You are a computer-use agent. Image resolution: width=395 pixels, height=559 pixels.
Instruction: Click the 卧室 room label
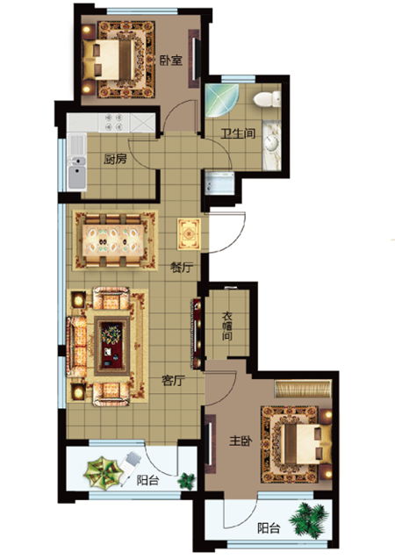(171, 61)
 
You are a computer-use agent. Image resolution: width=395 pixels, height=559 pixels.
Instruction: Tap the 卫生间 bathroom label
(238, 133)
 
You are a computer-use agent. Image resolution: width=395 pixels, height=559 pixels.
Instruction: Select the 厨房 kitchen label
(115, 159)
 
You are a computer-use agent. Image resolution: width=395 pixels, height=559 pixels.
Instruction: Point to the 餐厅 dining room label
(182, 268)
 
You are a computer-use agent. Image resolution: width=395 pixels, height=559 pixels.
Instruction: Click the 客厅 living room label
(173, 381)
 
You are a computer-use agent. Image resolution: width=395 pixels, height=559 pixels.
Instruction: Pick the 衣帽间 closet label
(227, 326)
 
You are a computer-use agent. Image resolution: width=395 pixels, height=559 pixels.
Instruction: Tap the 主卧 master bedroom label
(241, 441)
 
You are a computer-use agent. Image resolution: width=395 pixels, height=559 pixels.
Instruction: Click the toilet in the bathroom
(267, 99)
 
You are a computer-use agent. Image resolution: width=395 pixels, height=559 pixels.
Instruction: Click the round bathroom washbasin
(271, 144)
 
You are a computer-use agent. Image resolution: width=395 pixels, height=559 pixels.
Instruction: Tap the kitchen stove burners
(114, 122)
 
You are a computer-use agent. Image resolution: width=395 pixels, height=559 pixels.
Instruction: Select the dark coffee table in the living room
(112, 346)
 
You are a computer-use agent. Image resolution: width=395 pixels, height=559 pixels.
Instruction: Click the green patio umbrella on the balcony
(102, 472)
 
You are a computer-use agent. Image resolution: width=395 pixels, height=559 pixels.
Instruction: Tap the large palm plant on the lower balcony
(309, 518)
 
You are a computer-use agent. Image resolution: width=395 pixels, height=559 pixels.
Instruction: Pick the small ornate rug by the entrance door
(189, 233)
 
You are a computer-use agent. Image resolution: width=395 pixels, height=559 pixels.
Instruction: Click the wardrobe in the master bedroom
(303, 389)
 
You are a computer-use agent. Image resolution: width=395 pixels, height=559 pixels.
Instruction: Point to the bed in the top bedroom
(109, 59)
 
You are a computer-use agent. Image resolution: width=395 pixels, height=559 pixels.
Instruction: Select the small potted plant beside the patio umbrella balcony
(187, 480)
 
